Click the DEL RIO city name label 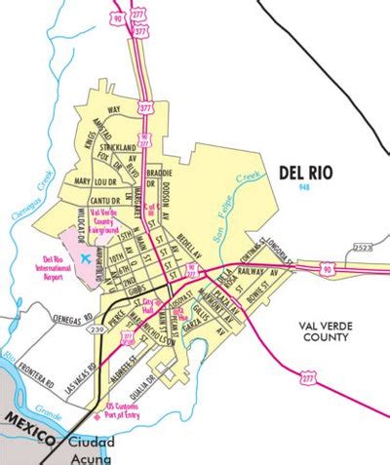pos(304,172)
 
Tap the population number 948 pos(305,185)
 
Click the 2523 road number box pos(363,249)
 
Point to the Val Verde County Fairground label pos(106,218)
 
